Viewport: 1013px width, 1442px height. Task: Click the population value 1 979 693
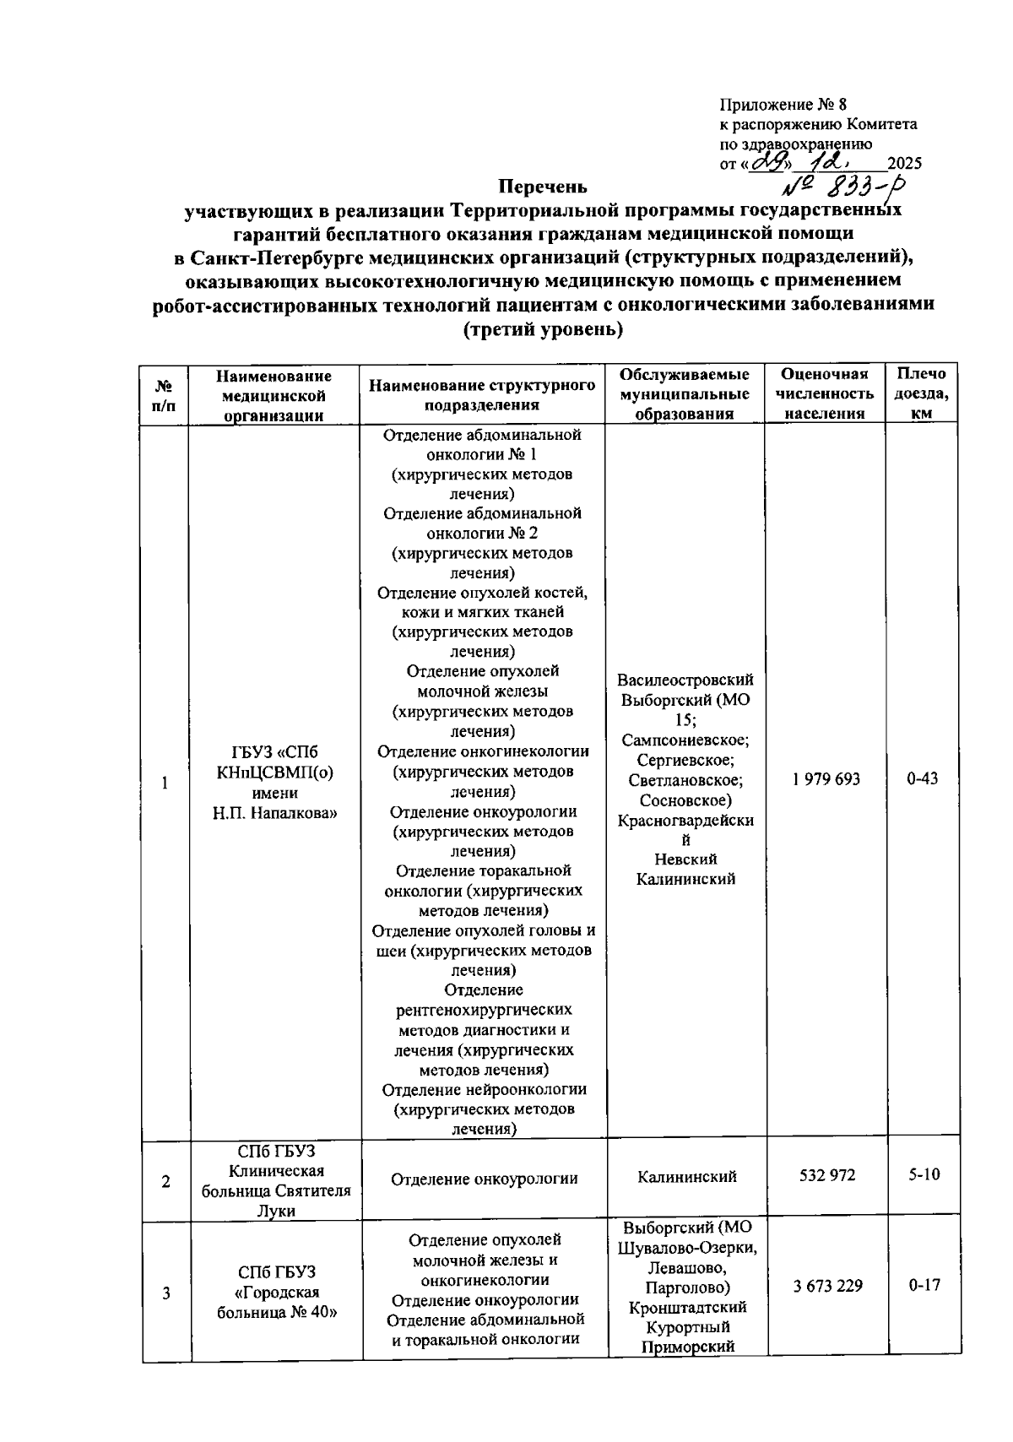(826, 779)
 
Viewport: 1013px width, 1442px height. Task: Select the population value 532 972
(826, 1174)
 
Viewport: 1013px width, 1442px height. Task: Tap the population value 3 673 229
(826, 1285)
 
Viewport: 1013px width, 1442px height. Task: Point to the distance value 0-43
(922, 779)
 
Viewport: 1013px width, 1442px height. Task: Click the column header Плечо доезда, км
(922, 393)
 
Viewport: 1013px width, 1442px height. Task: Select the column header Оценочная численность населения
(825, 393)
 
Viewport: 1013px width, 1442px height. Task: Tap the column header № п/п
(165, 394)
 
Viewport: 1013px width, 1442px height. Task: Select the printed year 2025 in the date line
(904, 164)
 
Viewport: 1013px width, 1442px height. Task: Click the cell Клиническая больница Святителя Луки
(277, 1181)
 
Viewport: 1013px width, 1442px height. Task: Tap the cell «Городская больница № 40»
(277, 1293)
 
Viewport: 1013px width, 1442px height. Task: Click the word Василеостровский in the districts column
(685, 680)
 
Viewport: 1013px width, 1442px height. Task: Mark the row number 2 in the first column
(165, 1181)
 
